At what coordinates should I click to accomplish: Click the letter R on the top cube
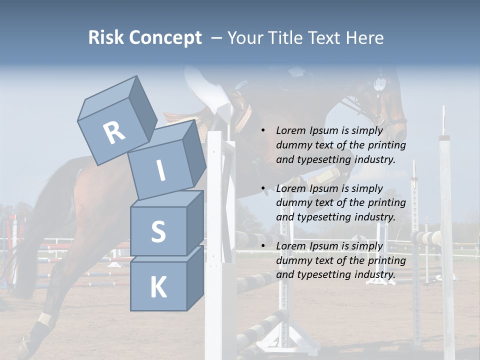coord(114,132)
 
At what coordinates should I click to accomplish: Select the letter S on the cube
coord(158,232)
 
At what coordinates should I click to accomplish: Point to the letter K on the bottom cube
coord(158,287)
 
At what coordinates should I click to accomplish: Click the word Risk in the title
coord(105,37)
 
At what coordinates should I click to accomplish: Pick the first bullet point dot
coord(263,131)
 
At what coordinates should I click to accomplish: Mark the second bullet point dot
coord(263,188)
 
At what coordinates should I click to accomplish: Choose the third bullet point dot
coord(263,246)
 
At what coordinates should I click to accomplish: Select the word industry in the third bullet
coord(373,274)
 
